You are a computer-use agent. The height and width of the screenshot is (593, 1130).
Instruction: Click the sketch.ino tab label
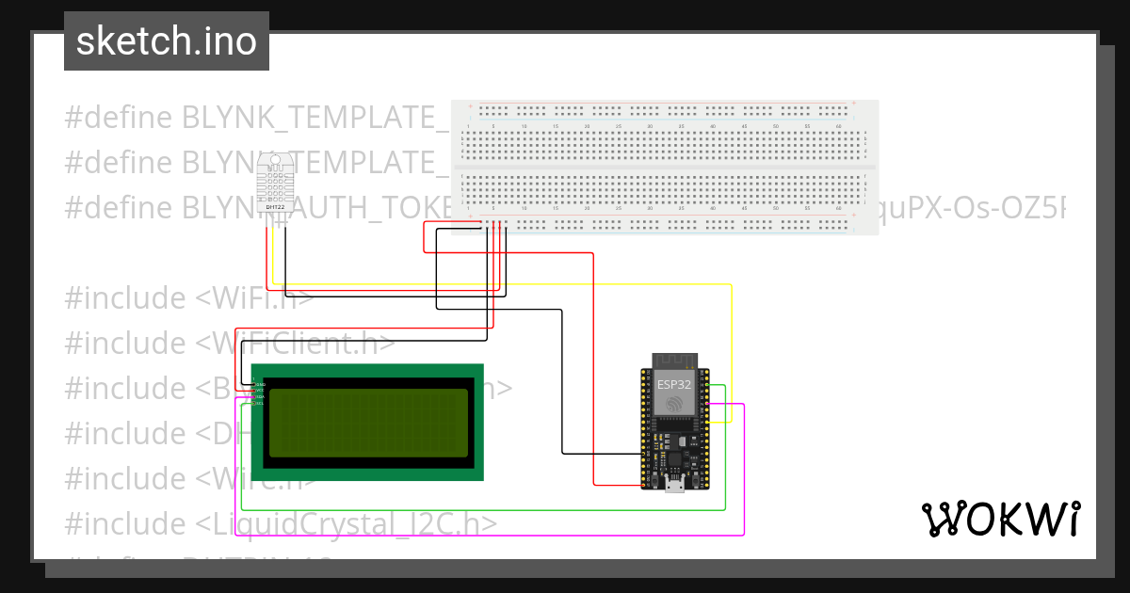[166, 41]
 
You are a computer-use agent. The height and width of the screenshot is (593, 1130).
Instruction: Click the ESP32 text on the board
[674, 384]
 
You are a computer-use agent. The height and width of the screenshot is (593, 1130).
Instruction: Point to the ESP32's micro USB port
[674, 484]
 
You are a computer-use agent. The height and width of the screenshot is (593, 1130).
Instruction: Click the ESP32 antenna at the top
[674, 360]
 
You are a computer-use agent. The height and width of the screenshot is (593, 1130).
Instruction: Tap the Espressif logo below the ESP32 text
[674, 405]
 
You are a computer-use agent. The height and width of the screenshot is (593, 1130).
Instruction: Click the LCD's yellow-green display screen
[367, 421]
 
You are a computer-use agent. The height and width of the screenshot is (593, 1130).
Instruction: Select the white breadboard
[664, 167]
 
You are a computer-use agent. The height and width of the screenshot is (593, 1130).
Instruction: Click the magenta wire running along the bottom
[490, 535]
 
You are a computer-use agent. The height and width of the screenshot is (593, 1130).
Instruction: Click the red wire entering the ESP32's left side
[617, 485]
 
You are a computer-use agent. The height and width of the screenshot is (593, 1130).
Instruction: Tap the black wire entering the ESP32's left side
[603, 454]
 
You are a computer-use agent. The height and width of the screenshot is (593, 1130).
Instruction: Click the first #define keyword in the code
[118, 118]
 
